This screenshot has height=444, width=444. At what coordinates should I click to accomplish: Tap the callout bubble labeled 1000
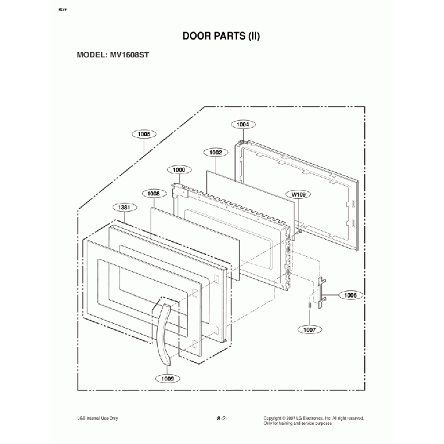coord(180,169)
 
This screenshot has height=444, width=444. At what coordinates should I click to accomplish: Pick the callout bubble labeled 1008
coord(152,194)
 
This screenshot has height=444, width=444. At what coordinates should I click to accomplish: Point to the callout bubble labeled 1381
coord(124,208)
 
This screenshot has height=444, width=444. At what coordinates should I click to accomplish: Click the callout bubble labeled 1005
coord(145,135)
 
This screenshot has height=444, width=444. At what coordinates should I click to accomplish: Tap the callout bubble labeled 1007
coord(310,329)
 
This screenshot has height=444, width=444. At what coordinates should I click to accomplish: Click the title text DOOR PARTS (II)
coord(221,35)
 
